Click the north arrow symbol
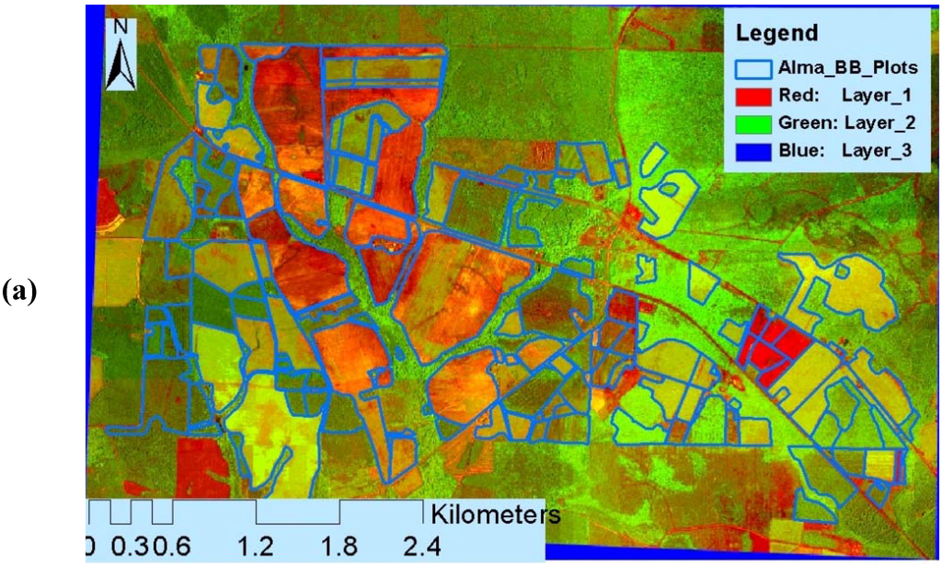tap(118, 64)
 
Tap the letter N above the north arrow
tap(120, 27)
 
